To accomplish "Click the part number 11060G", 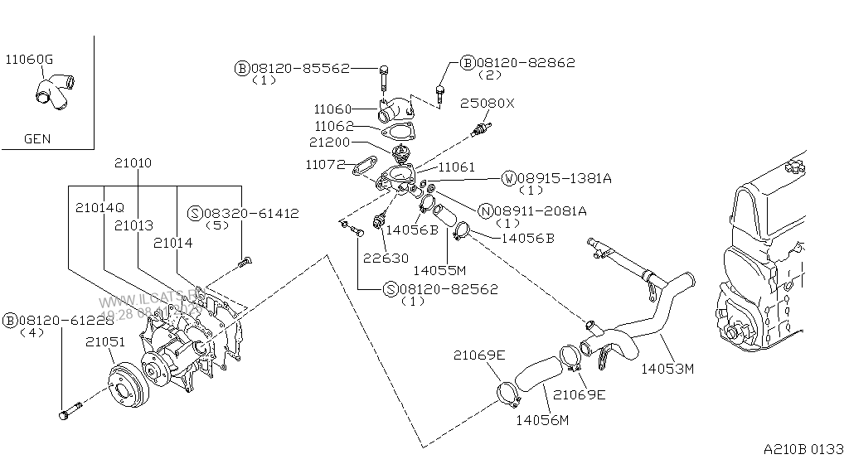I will click(x=29, y=59).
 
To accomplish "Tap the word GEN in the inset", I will click(x=36, y=139).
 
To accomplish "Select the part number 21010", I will click(x=133, y=163).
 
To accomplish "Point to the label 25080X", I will click(x=487, y=104).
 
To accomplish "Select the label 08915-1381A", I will click(x=565, y=178).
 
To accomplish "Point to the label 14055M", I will click(x=439, y=269).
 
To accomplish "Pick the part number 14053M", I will click(x=667, y=369).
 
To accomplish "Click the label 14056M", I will click(x=542, y=420).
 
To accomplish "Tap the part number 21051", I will click(x=105, y=341).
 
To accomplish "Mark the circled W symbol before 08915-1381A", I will click(x=507, y=178).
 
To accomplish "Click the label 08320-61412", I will click(x=250, y=213).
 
